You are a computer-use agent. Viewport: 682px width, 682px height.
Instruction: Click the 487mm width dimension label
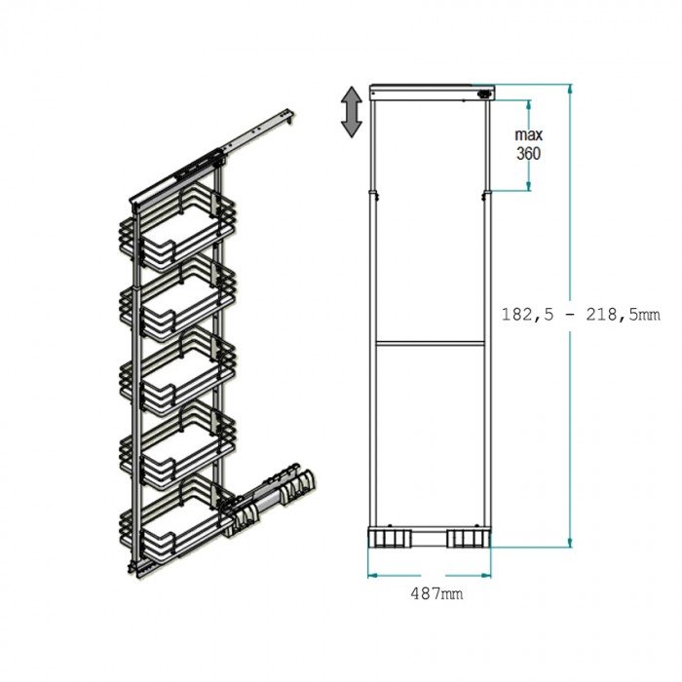436,592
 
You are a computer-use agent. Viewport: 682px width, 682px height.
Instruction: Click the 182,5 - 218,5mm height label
581,314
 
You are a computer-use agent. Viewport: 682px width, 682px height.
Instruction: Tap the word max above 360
529,134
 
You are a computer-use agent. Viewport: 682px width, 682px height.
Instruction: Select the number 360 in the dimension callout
528,153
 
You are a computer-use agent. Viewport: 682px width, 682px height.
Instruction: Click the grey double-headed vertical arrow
352,112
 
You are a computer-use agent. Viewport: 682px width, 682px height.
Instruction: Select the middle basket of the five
177,371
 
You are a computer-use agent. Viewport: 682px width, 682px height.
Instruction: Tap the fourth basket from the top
177,444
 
